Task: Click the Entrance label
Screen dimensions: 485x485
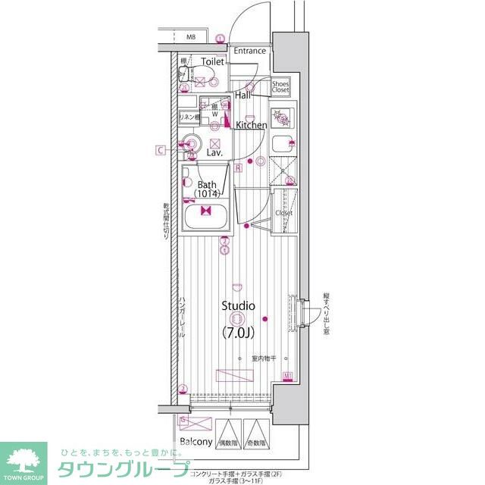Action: [x=249, y=52]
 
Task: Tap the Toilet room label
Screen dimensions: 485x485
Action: [x=213, y=61]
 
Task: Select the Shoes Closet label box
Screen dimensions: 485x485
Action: [x=280, y=86]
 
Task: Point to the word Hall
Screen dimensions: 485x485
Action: [x=243, y=96]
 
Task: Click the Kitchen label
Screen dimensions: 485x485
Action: [x=251, y=125]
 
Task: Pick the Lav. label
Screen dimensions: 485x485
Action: [x=214, y=152]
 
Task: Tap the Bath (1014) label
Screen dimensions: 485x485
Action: [x=207, y=189]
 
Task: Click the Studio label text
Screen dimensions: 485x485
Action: [x=238, y=305]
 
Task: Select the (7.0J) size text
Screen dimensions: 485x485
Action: [x=238, y=333]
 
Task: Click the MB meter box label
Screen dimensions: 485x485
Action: [x=191, y=36]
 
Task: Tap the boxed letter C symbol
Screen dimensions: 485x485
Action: [x=161, y=150]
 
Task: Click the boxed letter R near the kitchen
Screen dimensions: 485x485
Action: [x=238, y=167]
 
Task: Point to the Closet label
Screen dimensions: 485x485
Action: [x=283, y=213]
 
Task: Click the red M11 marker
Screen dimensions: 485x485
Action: [x=288, y=376]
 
